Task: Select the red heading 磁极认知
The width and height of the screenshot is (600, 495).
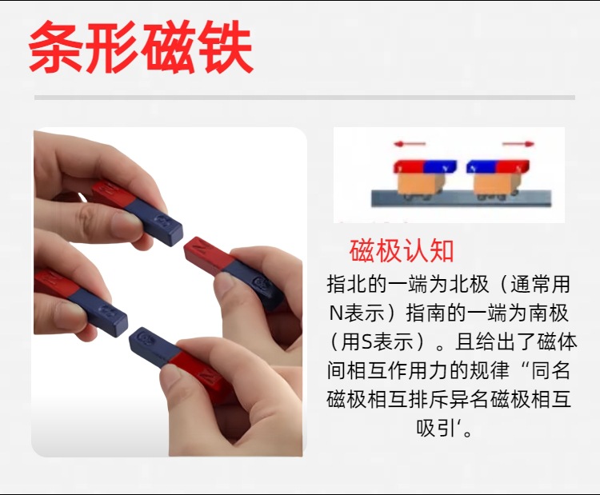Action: point(402,251)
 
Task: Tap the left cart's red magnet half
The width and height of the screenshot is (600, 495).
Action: point(409,167)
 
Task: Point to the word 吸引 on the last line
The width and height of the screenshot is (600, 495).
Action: point(437,428)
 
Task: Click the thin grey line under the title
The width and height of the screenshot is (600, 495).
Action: point(304,98)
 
